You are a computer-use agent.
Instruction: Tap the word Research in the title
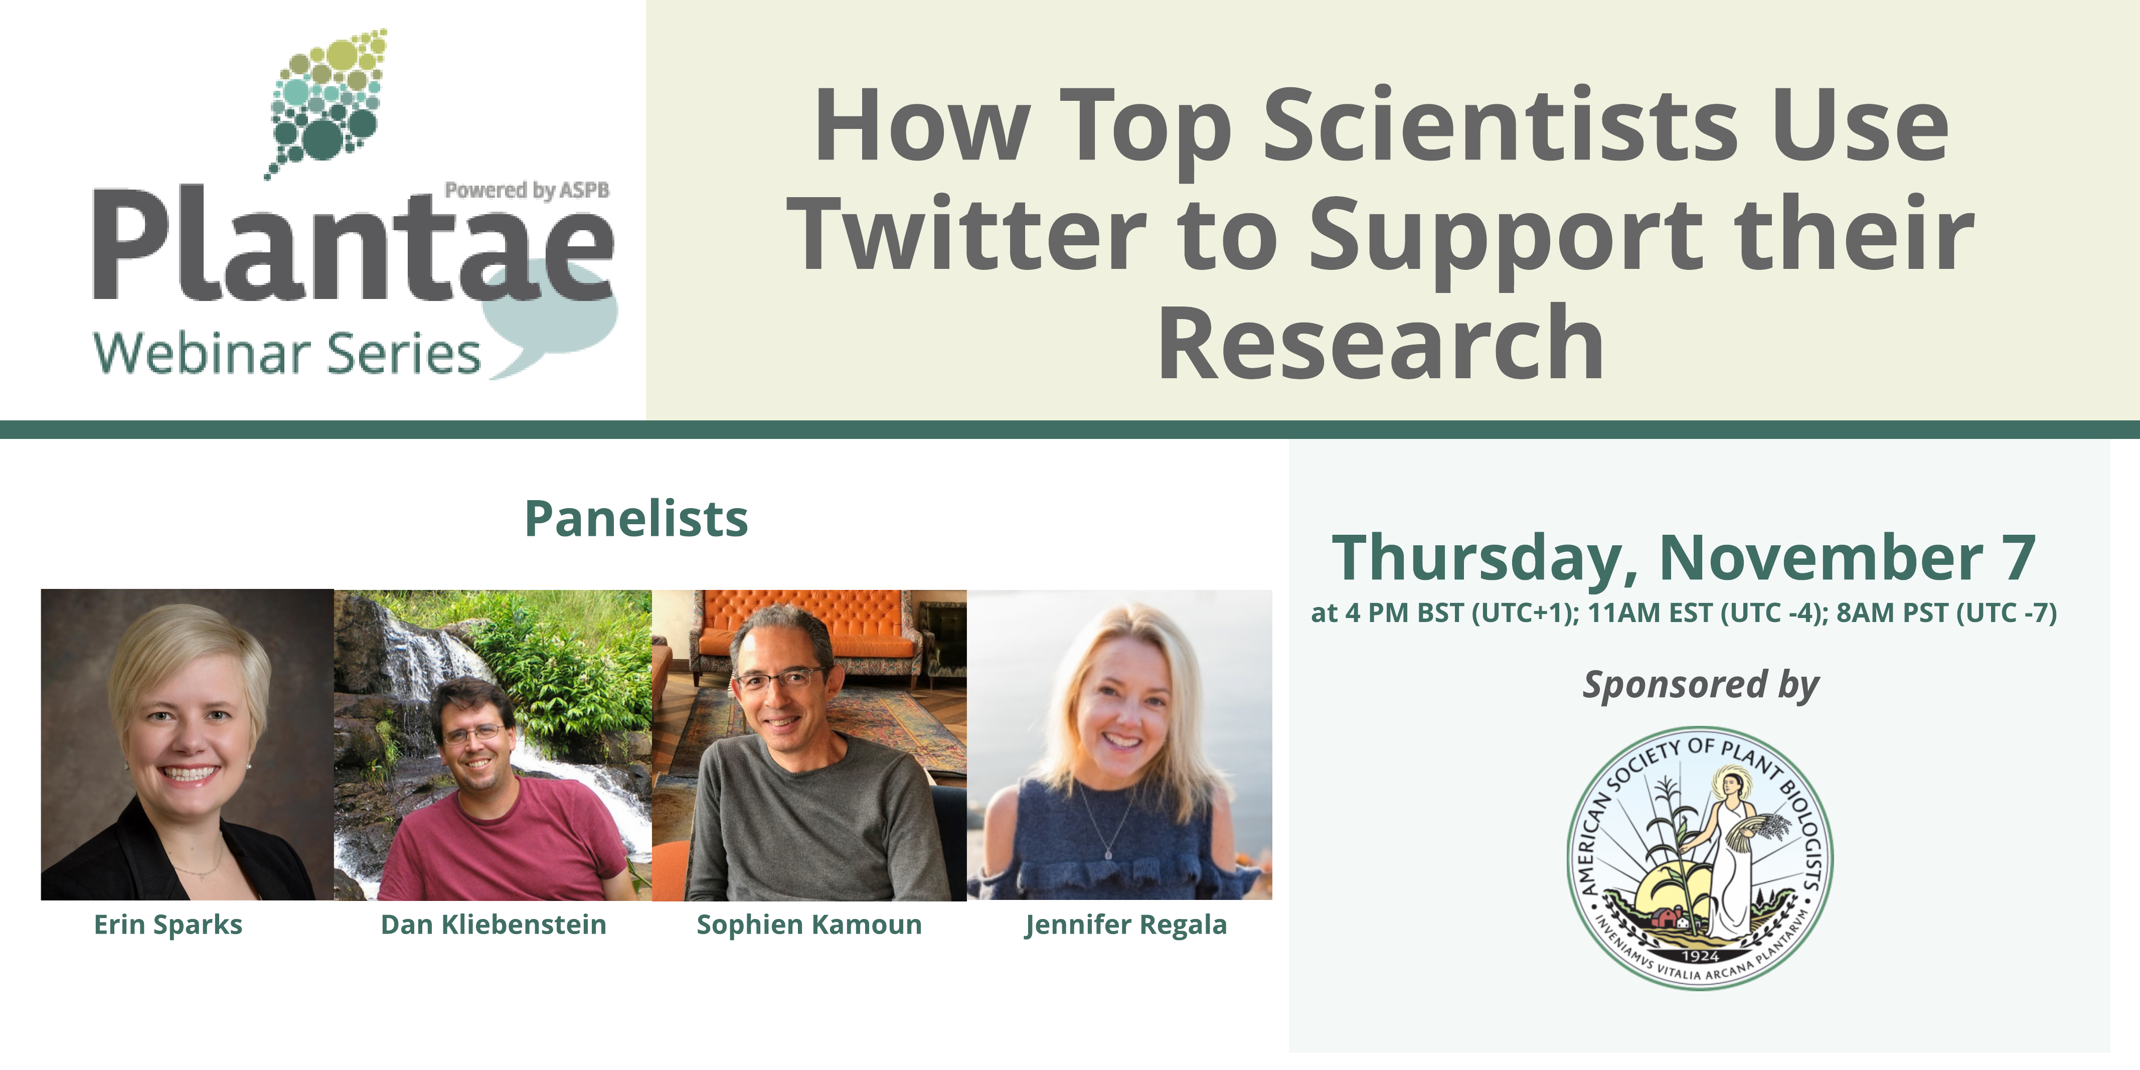pyautogui.click(x=1381, y=342)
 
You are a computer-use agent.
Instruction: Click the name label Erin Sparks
pyautogui.click(x=168, y=925)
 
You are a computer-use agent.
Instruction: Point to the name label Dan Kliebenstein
pyautogui.click(x=493, y=925)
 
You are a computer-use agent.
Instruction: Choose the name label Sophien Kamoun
pyautogui.click(x=809, y=925)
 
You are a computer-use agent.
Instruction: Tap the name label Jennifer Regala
pyautogui.click(x=1125, y=925)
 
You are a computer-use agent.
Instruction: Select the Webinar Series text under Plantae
pyautogui.click(x=287, y=353)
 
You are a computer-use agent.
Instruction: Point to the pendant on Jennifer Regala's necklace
pyautogui.click(x=1107, y=853)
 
